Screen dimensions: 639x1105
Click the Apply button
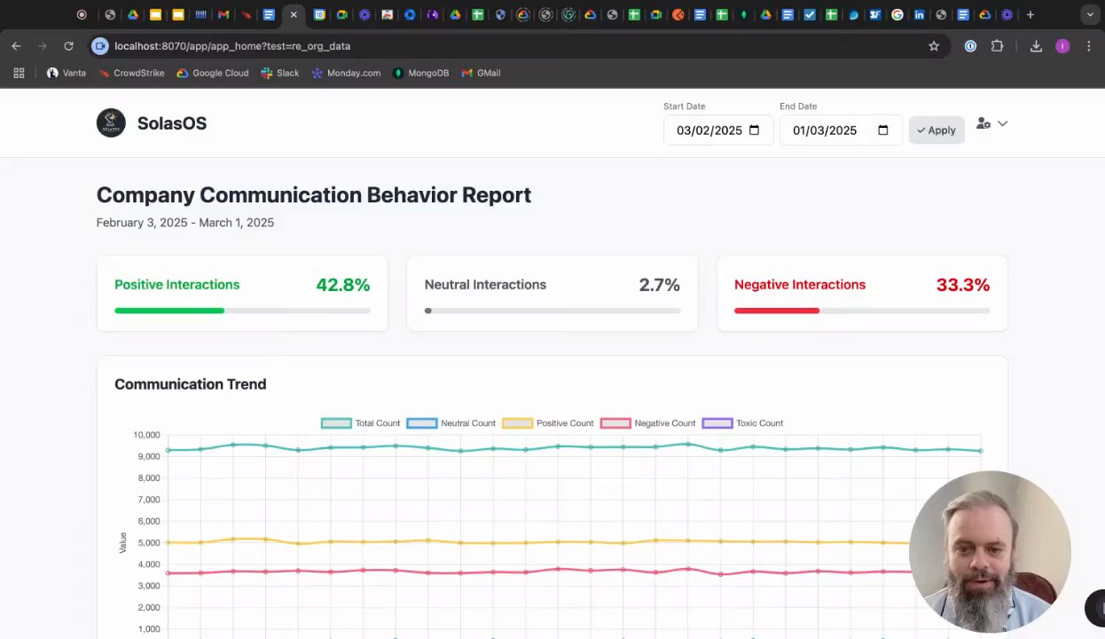pyautogui.click(x=937, y=130)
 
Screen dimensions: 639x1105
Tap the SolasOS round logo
pyautogui.click(x=111, y=123)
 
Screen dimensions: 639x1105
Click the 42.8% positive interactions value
pyautogui.click(x=342, y=285)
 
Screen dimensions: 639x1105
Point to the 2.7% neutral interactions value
pyautogui.click(x=659, y=285)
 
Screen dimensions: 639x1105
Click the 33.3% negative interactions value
pyautogui.click(x=962, y=285)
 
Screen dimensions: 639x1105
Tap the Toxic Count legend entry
pyautogui.click(x=742, y=423)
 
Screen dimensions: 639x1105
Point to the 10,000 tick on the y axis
pyautogui.click(x=146, y=435)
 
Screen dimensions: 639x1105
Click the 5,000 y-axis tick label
pyautogui.click(x=148, y=543)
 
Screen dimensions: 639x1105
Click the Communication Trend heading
pyautogui.click(x=190, y=384)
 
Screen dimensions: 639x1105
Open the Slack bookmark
pyautogui.click(x=280, y=73)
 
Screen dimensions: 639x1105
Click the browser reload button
pyautogui.click(x=68, y=46)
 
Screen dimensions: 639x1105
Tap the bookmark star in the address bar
pyautogui.click(x=934, y=46)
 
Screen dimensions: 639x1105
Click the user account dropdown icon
pyautogui.click(x=991, y=124)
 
